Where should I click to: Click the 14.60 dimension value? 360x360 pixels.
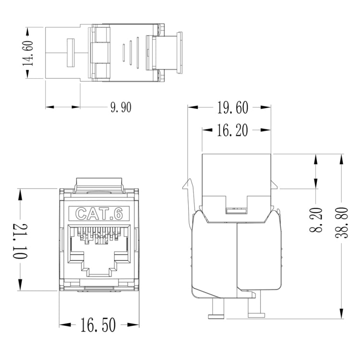(x=29, y=52)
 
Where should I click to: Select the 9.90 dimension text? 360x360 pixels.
(x=120, y=107)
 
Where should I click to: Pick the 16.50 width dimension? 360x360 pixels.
(x=98, y=326)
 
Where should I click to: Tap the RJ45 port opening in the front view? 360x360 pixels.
(x=99, y=254)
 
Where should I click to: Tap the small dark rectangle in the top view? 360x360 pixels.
(x=70, y=52)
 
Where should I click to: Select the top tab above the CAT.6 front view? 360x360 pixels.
(x=99, y=183)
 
